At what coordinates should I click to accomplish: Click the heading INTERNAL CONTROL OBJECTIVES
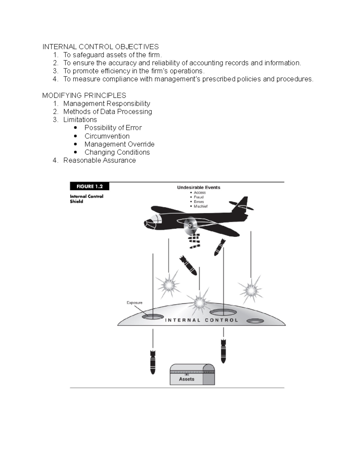click(x=100, y=47)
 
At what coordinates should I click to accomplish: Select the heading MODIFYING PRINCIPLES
click(x=84, y=95)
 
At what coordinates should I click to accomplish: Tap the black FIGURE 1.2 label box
click(x=89, y=186)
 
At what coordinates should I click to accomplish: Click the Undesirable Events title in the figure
click(x=199, y=188)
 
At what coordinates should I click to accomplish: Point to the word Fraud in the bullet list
click(x=199, y=197)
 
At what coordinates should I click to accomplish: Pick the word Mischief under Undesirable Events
click(x=200, y=206)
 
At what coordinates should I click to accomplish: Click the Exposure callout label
click(x=134, y=303)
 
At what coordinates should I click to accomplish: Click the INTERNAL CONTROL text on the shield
click(x=201, y=320)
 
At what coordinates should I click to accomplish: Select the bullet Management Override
click(x=119, y=144)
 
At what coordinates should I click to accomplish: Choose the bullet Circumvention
click(x=107, y=136)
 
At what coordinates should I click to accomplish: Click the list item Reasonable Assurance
click(x=99, y=161)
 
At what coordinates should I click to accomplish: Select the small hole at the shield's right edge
click(x=255, y=321)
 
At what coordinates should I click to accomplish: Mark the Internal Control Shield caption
click(x=86, y=199)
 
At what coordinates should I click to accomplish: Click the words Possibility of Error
click(x=113, y=128)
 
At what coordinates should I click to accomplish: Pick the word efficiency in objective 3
click(x=115, y=71)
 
